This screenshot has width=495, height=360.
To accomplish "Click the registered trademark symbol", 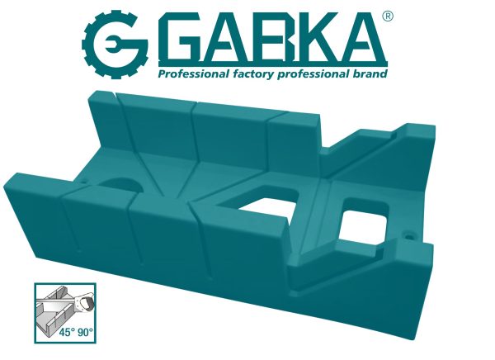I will point(389,16).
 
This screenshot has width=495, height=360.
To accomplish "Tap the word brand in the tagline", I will point(369,75).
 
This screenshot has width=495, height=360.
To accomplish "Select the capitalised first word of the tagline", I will point(185,75).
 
